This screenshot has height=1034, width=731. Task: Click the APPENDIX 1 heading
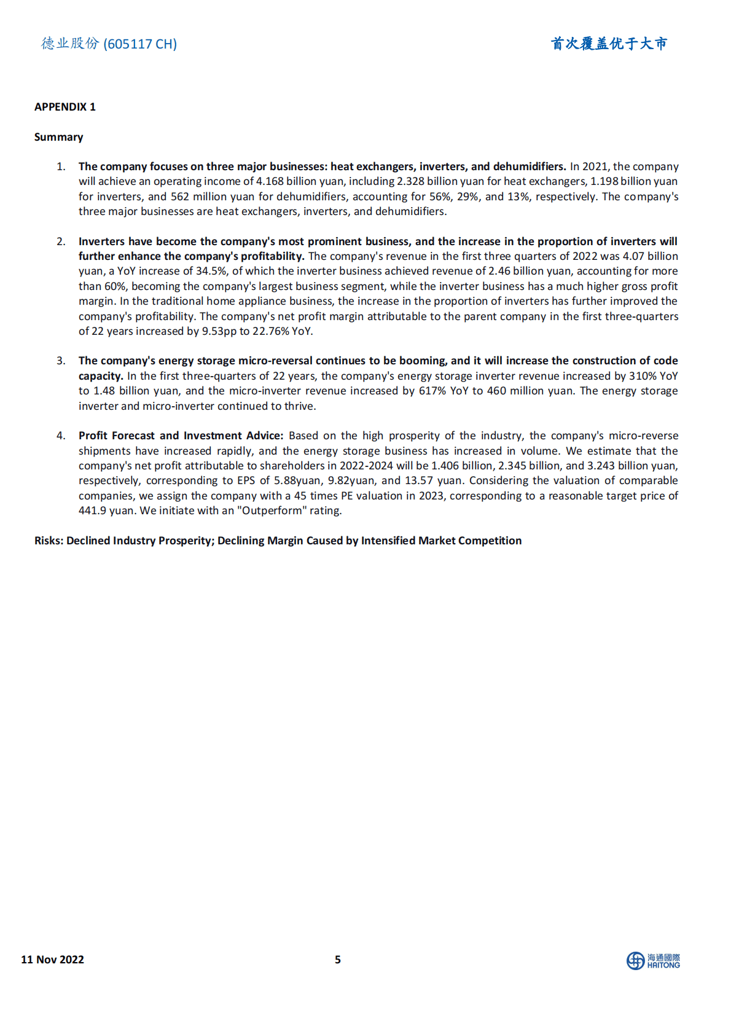pos(65,107)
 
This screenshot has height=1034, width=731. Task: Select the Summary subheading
pos(58,137)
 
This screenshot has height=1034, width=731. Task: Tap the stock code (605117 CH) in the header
pos(140,44)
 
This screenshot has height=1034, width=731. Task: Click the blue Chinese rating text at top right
pos(609,44)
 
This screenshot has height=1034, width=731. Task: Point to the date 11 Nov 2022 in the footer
pos(52,960)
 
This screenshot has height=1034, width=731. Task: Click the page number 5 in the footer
pos(338,960)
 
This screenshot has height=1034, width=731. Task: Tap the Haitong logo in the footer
pos(653,961)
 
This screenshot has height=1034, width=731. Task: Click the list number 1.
pos(61,166)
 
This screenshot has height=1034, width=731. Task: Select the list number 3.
pos(61,361)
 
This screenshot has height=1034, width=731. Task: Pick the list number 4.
pos(61,436)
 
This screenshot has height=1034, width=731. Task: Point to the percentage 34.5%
pos(211,271)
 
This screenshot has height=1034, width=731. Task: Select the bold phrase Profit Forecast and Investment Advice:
pos(181,436)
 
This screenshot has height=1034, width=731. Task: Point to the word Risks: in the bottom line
pos(49,541)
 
